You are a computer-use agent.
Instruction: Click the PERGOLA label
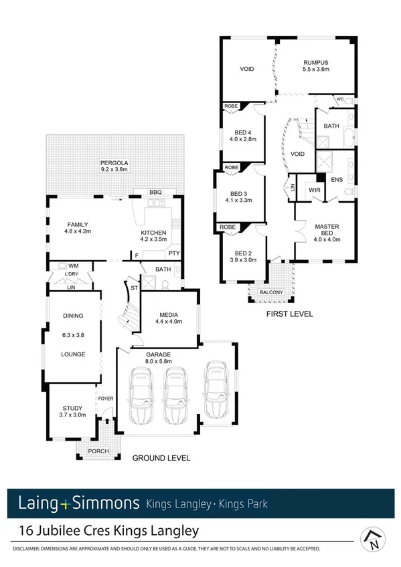[x=114, y=162]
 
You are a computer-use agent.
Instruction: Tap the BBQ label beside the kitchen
[x=157, y=192]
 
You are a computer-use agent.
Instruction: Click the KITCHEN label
[x=153, y=232]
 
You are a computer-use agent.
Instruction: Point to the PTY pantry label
[x=173, y=253]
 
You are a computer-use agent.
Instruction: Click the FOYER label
[x=105, y=399]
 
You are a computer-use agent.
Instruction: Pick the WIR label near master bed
[x=314, y=190]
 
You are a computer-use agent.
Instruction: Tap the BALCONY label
[x=270, y=292]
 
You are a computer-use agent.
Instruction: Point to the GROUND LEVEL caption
[x=161, y=459]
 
